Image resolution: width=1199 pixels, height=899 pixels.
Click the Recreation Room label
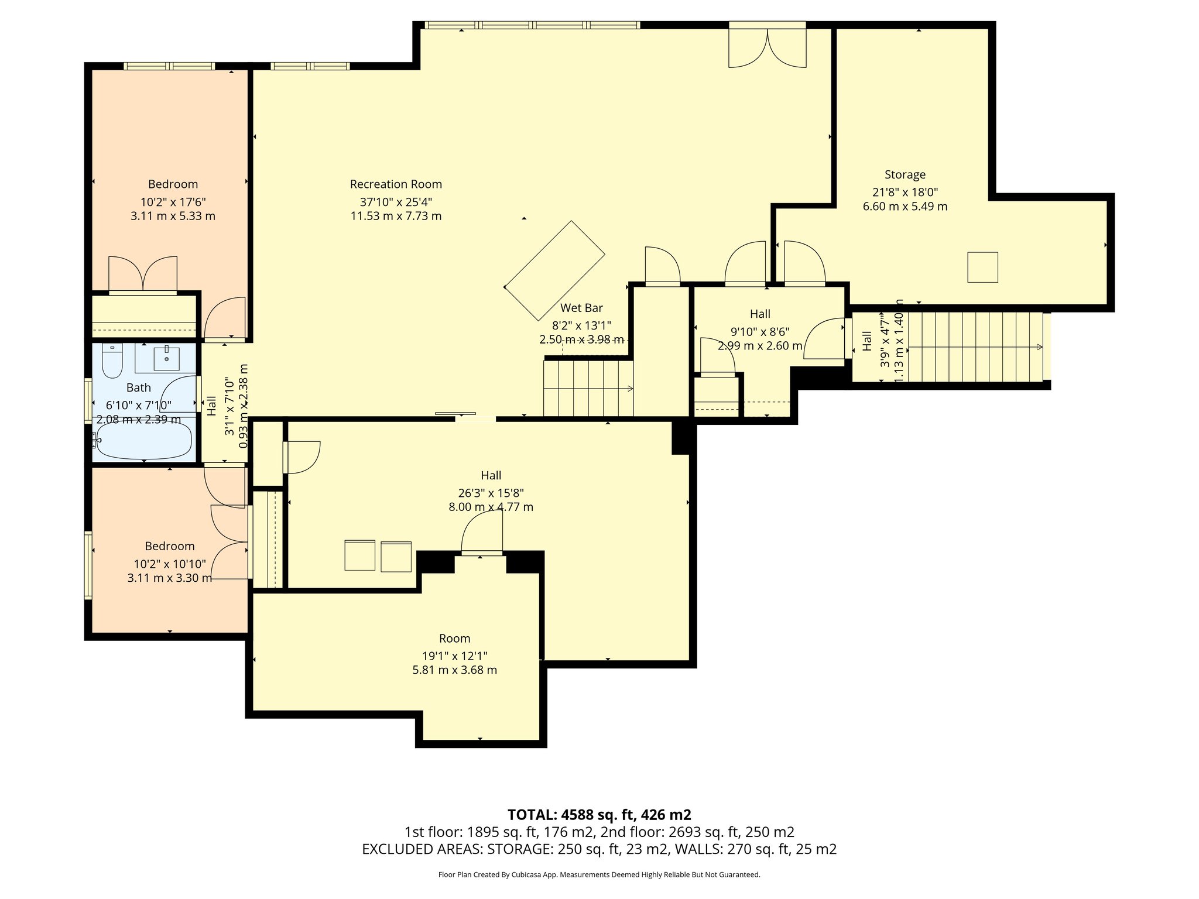[x=396, y=184]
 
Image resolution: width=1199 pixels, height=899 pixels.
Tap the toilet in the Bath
[x=111, y=361]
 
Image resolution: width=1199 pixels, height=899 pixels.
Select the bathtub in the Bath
[x=144, y=440]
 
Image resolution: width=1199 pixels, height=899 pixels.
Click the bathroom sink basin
[x=167, y=358]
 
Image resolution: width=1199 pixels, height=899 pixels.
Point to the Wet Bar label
[x=581, y=308]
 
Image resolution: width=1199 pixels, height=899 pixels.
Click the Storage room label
[x=905, y=174]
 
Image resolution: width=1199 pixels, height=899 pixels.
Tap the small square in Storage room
[x=982, y=267]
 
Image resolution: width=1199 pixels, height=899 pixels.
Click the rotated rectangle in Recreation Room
[x=554, y=270]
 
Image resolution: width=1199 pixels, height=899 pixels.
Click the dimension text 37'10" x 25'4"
[x=396, y=202]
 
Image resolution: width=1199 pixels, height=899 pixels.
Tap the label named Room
[x=455, y=639]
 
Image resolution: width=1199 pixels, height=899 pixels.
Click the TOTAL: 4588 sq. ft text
[x=599, y=815]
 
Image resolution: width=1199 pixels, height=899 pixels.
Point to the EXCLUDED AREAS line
[x=599, y=849]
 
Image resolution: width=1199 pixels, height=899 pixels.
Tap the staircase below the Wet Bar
[x=588, y=388]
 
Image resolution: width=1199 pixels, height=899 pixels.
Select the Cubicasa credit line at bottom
[x=599, y=875]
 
